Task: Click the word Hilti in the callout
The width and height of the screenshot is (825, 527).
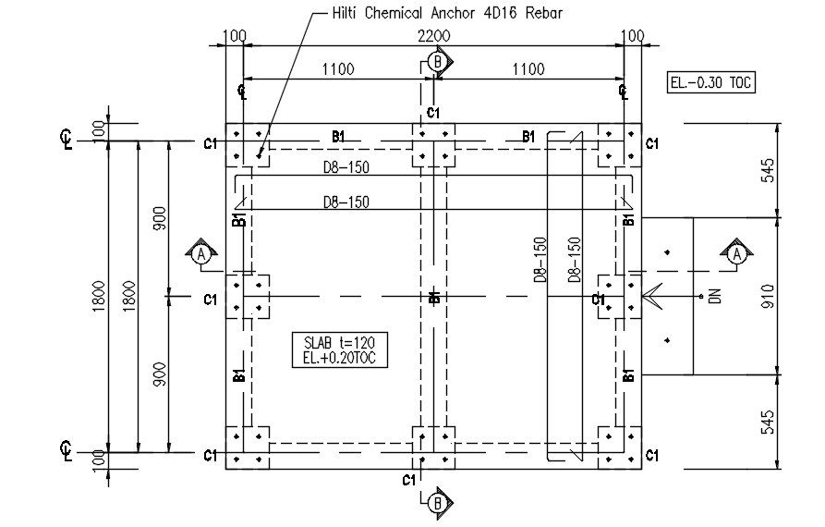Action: point(347,14)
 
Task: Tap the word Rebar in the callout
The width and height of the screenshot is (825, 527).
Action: point(542,14)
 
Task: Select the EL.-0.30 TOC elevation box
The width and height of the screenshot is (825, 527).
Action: point(711,82)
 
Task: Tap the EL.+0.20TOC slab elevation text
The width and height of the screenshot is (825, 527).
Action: point(339,356)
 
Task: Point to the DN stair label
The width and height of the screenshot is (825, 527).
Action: point(713,297)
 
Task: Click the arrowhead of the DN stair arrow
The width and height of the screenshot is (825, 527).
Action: point(645,297)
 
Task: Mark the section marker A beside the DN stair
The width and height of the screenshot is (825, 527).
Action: point(735,252)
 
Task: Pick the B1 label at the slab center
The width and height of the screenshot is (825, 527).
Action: point(435,297)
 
